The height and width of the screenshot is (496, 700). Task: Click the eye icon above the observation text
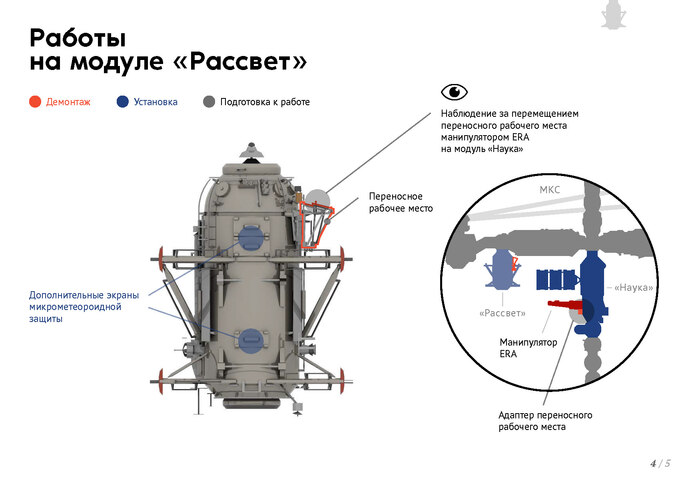[x=454, y=92]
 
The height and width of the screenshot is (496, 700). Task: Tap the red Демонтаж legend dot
[x=35, y=102]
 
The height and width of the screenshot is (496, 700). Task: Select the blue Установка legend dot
[x=122, y=102]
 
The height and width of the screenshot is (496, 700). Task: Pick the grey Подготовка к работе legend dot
[x=209, y=102]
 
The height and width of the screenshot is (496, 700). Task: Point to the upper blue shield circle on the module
[x=250, y=238]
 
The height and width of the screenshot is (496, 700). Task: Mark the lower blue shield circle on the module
[x=251, y=341]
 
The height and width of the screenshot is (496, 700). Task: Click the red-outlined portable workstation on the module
[x=315, y=224]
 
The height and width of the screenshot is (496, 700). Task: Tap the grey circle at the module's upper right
[x=318, y=199]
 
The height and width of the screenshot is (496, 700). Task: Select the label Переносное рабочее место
[x=400, y=202]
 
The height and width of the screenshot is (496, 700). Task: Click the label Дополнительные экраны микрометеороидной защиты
[x=84, y=307]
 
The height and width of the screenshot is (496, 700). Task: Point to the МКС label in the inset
[x=549, y=190]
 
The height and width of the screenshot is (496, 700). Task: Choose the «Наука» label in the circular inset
[x=633, y=288]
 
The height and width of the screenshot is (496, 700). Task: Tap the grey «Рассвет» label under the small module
[x=502, y=313]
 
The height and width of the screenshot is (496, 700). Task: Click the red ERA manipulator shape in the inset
[x=566, y=305]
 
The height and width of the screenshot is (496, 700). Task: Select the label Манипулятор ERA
[x=528, y=348]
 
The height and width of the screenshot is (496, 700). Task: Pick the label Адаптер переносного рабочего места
[x=545, y=421]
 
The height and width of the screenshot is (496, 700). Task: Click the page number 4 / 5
[x=661, y=463]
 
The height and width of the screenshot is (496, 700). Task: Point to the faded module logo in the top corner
[x=614, y=15]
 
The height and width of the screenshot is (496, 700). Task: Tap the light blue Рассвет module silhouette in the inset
[x=503, y=270]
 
